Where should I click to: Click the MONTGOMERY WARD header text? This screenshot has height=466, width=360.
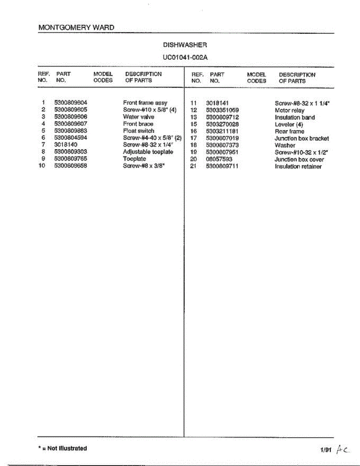click(77, 28)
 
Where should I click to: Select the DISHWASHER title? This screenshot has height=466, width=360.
click(185, 45)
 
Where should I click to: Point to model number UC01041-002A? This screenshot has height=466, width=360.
click(185, 57)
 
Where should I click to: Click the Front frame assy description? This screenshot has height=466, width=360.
click(145, 103)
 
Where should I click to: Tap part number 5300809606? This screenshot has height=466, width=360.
click(71, 117)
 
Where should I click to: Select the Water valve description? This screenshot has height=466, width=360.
click(139, 117)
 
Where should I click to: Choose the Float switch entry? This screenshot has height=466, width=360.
click(139, 131)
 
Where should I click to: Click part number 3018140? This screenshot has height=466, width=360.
click(66, 145)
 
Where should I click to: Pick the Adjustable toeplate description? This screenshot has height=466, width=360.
click(148, 152)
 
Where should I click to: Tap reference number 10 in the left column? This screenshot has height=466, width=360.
click(42, 166)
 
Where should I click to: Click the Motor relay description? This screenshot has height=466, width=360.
click(290, 110)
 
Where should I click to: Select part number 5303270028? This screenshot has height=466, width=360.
click(222, 124)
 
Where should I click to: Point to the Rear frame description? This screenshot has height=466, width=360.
click(290, 131)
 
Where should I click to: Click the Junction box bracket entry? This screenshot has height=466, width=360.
click(302, 138)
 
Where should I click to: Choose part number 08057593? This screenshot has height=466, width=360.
click(219, 159)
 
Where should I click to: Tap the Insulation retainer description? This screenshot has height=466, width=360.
click(298, 167)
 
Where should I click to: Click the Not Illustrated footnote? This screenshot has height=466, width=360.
click(63, 449)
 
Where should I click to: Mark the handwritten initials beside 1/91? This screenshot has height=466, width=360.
click(343, 450)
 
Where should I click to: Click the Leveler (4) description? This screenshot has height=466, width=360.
click(289, 124)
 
